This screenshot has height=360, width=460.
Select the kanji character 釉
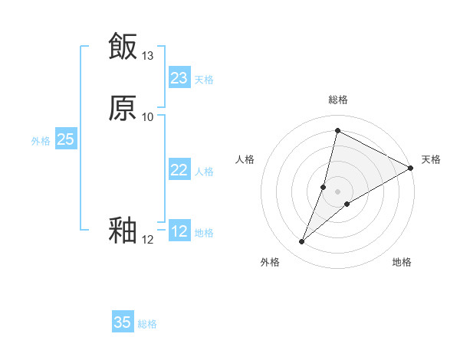123,231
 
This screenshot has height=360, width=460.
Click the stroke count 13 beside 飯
148,56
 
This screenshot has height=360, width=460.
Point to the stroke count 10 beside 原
148,117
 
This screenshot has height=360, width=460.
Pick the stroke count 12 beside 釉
148,240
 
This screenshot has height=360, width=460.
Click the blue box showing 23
179,78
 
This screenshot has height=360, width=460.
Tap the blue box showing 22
179,170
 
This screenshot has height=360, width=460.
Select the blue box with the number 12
179,231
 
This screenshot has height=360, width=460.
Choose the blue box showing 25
65,139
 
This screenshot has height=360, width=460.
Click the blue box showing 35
123,322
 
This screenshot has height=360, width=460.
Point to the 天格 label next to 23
204,80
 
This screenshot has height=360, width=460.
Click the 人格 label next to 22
204,172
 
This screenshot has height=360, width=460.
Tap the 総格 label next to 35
147,324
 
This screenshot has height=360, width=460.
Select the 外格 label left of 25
41,141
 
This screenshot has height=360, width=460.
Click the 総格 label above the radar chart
337,100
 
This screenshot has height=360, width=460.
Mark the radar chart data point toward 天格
411,169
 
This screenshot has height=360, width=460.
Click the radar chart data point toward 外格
301,242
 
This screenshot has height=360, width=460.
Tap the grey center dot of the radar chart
337,191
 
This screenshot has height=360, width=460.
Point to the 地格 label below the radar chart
402,263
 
